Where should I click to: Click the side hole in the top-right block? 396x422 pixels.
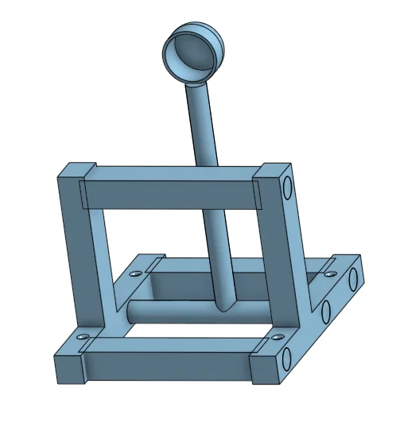[x=288, y=189]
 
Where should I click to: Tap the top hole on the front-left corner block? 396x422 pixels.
[x=83, y=340]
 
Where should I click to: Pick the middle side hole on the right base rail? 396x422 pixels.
[x=325, y=310]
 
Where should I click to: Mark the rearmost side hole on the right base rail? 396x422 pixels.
[x=350, y=278]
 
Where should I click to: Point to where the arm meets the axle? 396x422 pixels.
[x=224, y=305]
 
